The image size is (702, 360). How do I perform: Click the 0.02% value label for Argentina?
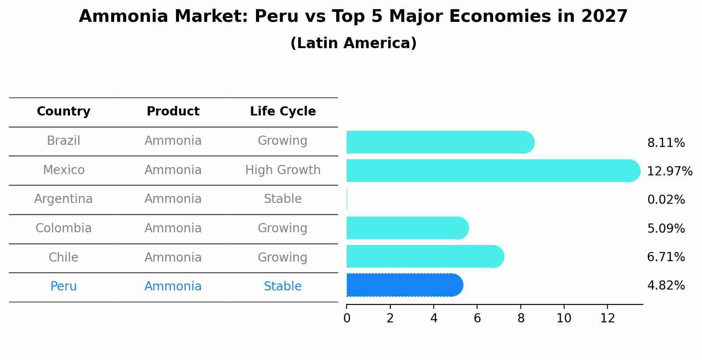tap(666, 200)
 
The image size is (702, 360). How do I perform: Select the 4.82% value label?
tap(666, 286)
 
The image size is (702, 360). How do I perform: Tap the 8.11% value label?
tap(666, 143)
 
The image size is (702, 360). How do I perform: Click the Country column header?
tap(63, 112)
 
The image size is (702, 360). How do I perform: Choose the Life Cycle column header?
tap(283, 112)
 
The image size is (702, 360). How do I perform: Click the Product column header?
tap(173, 112)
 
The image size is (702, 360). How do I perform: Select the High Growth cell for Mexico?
tap(283, 170)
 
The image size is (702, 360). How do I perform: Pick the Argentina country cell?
tap(63, 199)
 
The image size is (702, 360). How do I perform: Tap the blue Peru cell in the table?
tap(63, 287)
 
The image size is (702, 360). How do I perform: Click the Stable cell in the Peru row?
tap(283, 287)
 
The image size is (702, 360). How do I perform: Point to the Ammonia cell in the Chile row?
tap(173, 258)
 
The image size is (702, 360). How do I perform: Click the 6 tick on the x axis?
tap(477, 318)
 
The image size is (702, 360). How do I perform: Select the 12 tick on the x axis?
tap(607, 318)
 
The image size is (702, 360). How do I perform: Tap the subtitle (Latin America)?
tap(353, 43)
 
